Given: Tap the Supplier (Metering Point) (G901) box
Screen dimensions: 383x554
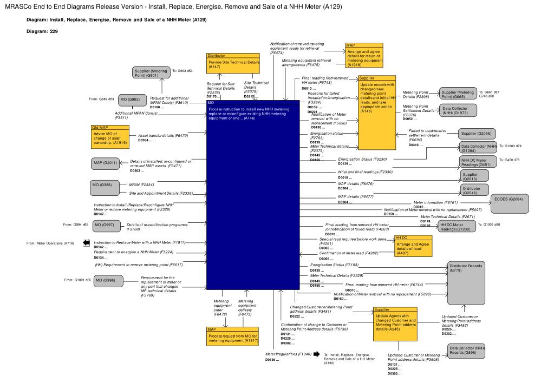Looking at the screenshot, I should (x=151, y=73).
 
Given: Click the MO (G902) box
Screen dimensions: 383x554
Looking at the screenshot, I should (x=130, y=100).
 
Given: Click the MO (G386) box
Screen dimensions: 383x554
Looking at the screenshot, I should (x=105, y=187).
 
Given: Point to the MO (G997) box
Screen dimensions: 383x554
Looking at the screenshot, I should (x=104, y=224).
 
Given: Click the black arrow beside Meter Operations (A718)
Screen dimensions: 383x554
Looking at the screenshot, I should (x=86, y=243).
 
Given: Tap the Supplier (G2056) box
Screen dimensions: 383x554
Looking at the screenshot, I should (x=476, y=133).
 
